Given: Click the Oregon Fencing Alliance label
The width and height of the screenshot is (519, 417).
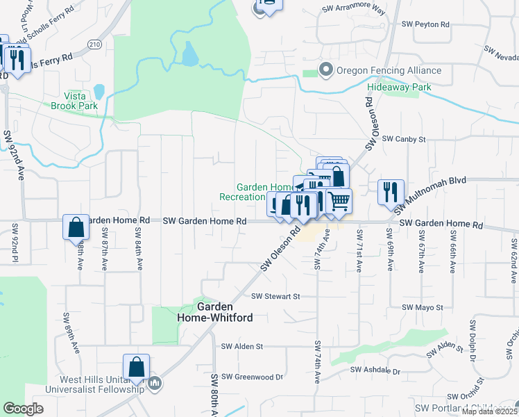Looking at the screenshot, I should click(389, 70).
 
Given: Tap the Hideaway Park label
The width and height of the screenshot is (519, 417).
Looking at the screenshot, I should click(399, 87).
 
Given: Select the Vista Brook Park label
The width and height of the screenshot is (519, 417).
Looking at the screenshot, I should click(74, 101).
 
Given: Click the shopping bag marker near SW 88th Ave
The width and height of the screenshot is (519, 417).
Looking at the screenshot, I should click(76, 227).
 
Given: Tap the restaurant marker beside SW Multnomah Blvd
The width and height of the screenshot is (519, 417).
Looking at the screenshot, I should click(391, 191).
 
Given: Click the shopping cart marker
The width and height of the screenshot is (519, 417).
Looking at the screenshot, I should click(339, 201).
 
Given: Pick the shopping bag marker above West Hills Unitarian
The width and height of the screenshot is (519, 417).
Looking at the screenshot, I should click(136, 367).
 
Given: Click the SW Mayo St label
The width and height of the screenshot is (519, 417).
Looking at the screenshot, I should click(422, 306).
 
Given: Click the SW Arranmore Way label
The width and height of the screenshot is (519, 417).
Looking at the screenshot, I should click(353, 10).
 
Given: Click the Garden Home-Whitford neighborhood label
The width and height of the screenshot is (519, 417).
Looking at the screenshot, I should click(224, 311).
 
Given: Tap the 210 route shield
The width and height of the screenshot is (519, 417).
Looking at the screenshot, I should click(95, 44).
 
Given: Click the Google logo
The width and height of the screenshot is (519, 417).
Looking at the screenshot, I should click(23, 409).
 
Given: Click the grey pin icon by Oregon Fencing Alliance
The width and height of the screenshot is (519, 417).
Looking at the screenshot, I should click(325, 70).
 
